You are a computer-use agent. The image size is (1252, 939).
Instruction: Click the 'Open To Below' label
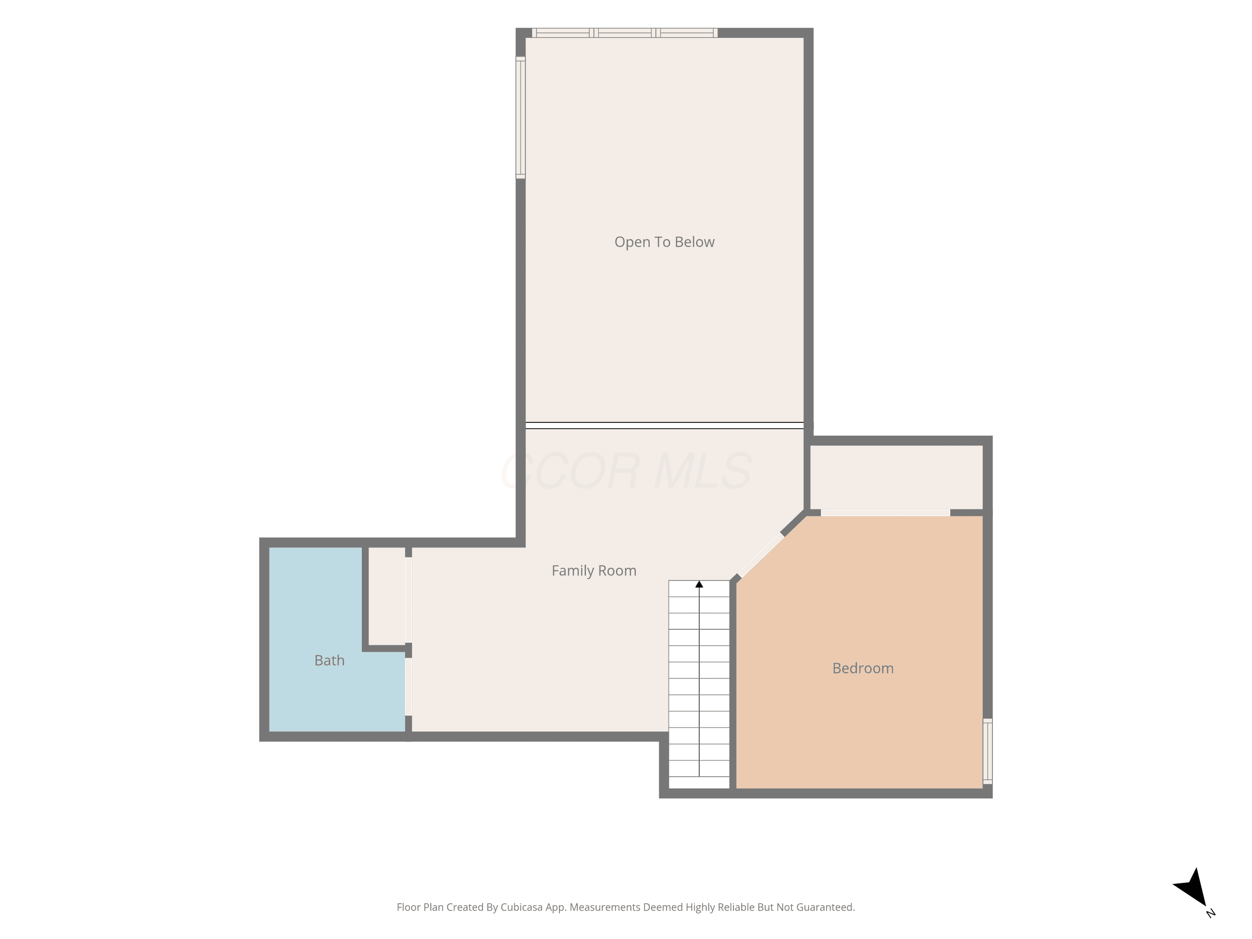664,242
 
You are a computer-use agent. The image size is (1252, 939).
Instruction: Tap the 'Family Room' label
594,570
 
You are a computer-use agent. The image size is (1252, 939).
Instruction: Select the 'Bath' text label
329,661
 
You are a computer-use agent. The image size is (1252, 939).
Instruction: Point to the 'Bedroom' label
863,669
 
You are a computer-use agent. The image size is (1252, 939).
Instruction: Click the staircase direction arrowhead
699,584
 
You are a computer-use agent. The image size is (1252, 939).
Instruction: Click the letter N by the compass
1211,913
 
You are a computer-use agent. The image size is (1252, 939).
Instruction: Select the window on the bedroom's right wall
988,751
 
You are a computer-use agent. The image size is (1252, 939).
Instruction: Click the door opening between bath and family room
409,687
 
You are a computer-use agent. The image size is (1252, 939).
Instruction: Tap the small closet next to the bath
386,596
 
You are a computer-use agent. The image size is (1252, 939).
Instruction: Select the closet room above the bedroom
896,477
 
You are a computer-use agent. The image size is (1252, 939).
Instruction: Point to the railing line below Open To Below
664,426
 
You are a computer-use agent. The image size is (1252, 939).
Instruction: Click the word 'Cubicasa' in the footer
521,907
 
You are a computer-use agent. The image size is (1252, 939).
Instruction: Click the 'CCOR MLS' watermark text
626,471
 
